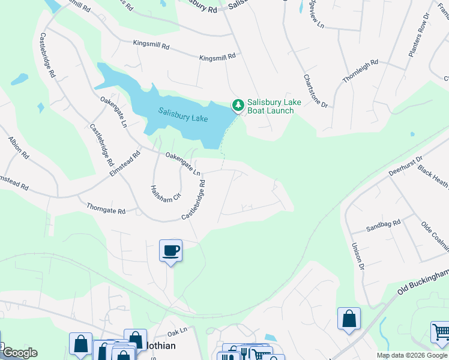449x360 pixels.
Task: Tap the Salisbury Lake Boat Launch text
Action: [271, 106]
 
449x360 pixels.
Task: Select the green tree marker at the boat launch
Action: [238, 106]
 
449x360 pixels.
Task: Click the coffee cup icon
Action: [171, 250]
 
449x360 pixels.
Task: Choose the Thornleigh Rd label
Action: [360, 71]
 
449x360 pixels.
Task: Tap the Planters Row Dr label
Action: [419, 36]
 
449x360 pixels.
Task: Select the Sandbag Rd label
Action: [383, 227]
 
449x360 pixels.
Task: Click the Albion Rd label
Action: [18, 147]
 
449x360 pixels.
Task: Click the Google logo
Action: [19, 353]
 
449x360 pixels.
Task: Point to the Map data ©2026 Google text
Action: [411, 355]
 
